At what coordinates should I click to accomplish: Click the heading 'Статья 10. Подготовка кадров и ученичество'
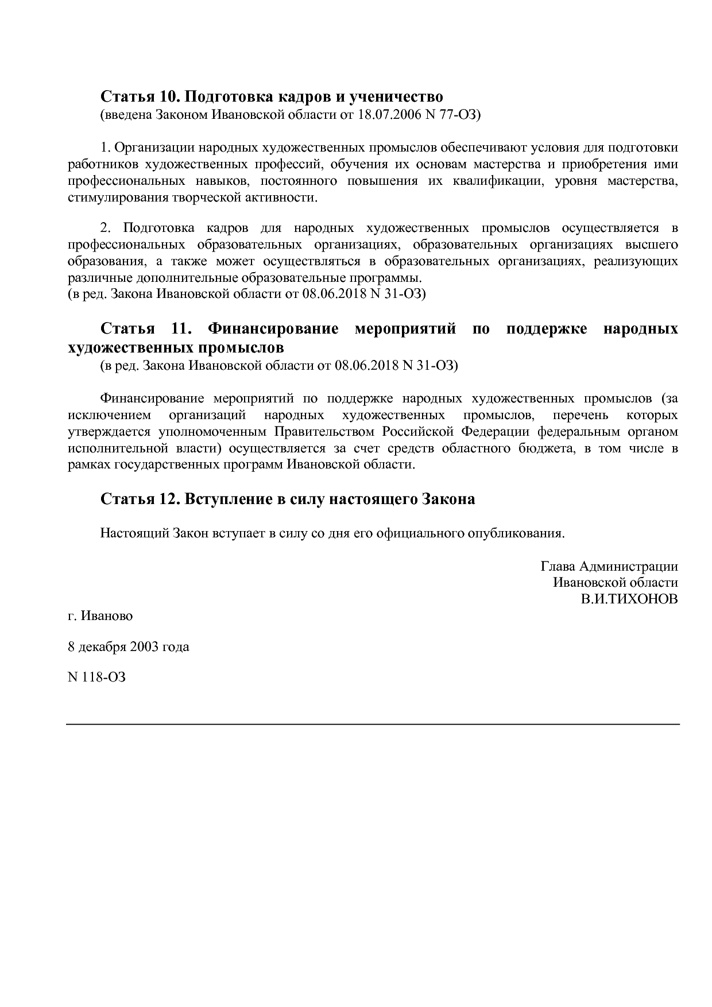[x=272, y=96]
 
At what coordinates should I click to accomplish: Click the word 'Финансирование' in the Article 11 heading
[x=273, y=329]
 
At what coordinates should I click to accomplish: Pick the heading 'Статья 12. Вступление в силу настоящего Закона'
[x=288, y=499]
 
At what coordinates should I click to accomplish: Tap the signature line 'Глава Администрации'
[x=609, y=567]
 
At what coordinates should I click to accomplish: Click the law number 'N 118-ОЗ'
[x=96, y=677]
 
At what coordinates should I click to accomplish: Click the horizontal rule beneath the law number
[x=373, y=725]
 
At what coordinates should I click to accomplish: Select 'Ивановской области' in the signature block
[x=616, y=583]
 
